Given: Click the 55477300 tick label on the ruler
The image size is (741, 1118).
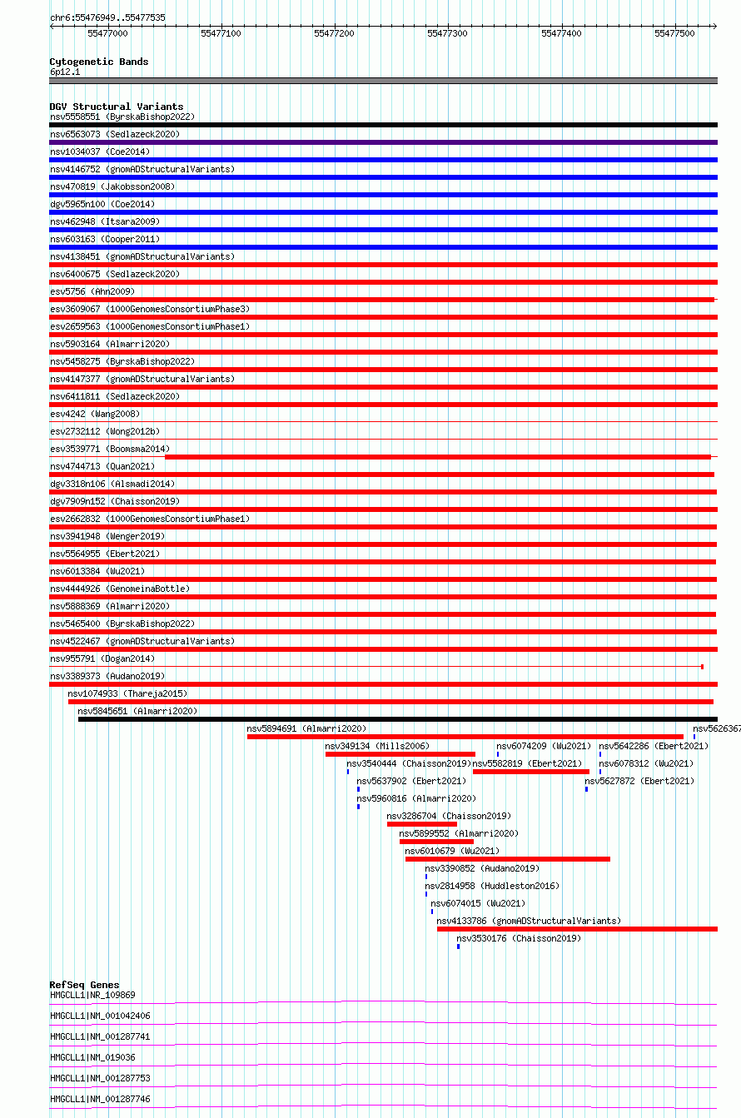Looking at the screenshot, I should click(447, 32).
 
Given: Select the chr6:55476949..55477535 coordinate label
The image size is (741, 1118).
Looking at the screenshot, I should click(107, 17).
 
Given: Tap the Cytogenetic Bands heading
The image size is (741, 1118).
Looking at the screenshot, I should click(98, 62).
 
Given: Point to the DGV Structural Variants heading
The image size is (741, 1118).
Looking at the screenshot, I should click(116, 107).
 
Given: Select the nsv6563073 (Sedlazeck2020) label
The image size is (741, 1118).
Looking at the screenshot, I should click(115, 134).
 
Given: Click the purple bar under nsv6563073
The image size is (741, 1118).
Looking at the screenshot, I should click(383, 142).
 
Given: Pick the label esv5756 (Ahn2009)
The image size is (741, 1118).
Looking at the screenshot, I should click(92, 291).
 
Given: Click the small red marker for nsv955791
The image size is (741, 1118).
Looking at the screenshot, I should click(702, 667).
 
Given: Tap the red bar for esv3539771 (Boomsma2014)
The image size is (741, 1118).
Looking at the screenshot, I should click(437, 457).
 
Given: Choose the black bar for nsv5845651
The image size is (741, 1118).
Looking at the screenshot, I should click(397, 719).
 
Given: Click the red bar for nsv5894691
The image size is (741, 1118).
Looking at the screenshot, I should click(465, 737).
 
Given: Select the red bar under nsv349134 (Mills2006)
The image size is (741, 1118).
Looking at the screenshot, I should click(400, 754).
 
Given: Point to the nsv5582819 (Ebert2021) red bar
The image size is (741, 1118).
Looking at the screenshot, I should click(530, 772).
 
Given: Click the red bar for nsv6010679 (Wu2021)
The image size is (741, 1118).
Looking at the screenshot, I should click(507, 859).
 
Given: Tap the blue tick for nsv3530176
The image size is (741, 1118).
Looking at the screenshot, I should click(458, 947).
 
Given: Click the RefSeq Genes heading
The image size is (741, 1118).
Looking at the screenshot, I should click(84, 985).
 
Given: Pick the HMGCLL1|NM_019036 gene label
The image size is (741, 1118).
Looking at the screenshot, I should click(92, 1057).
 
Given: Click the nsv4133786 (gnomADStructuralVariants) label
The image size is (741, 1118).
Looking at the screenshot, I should click(529, 921).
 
